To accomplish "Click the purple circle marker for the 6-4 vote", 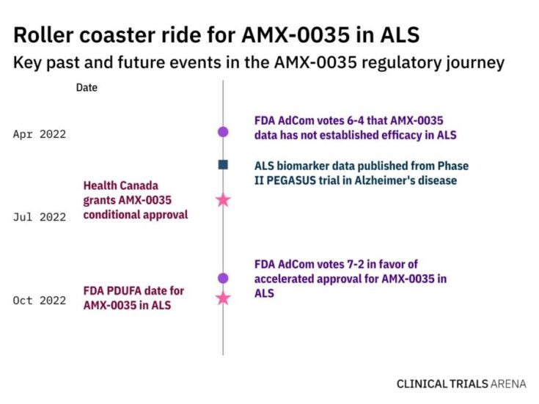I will [x=223, y=132].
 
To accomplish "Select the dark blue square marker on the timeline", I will [x=223, y=165].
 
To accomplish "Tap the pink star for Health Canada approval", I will [x=223, y=199].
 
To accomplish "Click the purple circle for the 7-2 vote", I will [x=223, y=278].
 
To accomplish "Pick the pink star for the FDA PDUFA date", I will [x=223, y=298].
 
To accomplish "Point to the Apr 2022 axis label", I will [x=39, y=134].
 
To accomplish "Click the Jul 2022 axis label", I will [x=39, y=217].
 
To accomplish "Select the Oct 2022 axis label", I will [x=39, y=301].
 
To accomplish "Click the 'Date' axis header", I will [x=87, y=88].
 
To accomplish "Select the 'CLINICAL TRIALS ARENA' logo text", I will [x=461, y=383].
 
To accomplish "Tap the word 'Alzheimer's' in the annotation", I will [x=388, y=180].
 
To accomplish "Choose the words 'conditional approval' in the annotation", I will [x=136, y=214].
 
